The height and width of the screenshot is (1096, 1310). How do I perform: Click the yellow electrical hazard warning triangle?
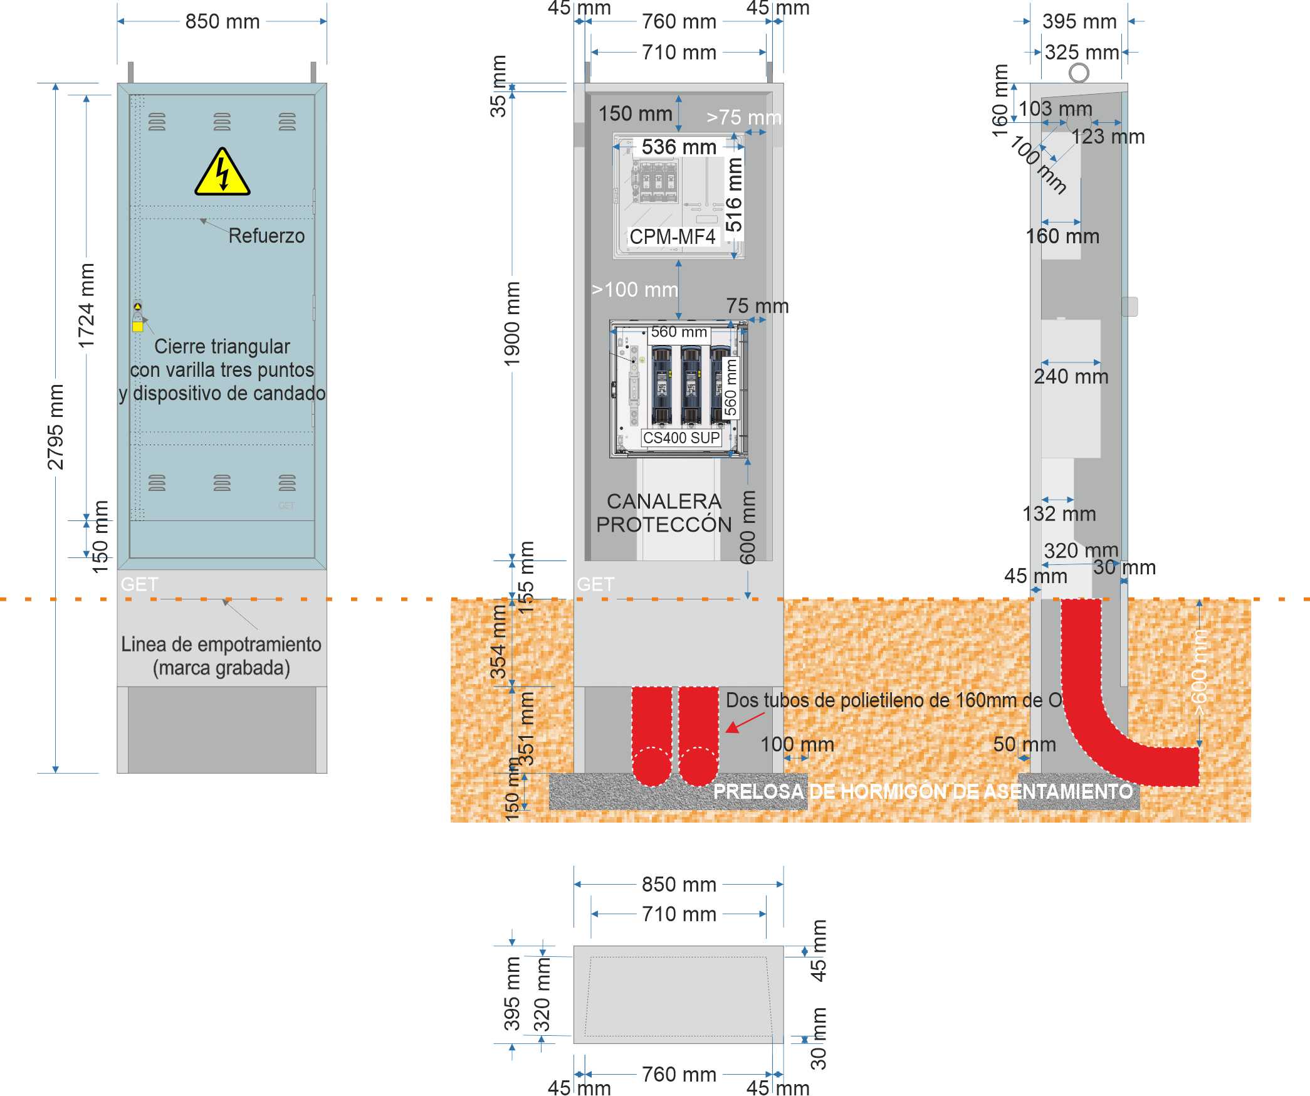click(x=222, y=173)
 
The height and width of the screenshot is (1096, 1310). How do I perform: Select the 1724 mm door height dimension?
click(x=86, y=306)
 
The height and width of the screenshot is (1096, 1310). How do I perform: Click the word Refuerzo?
click(x=266, y=236)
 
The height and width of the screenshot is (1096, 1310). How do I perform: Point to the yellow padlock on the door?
click(x=138, y=326)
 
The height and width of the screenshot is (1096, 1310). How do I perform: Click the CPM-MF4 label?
click(x=672, y=237)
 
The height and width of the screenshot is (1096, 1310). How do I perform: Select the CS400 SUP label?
click(x=681, y=438)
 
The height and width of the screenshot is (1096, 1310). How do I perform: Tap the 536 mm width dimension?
click(x=679, y=147)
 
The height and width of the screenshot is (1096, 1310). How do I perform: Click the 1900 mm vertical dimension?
click(x=512, y=324)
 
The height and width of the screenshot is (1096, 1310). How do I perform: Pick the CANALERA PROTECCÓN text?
click(x=664, y=513)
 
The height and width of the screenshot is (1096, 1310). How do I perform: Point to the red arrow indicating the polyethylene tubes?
click(x=745, y=723)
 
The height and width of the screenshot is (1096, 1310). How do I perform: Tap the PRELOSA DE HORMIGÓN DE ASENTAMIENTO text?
click(x=923, y=791)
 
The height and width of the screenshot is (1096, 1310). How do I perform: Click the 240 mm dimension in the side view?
click(x=1071, y=377)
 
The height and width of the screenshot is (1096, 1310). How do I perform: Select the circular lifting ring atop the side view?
click(x=1079, y=73)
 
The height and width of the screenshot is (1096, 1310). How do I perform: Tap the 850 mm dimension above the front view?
click(x=223, y=21)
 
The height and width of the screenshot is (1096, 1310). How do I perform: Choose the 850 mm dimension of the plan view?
click(x=679, y=884)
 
